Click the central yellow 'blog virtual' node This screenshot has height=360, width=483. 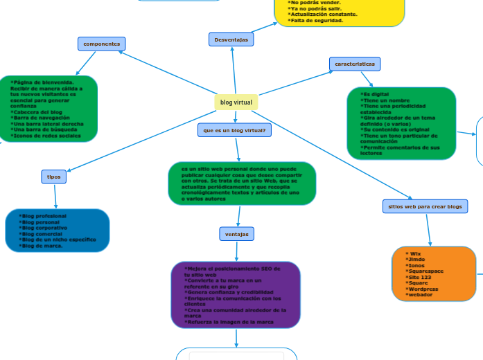pos(236,102)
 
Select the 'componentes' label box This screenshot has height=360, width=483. pos(102,44)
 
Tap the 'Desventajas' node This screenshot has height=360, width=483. pos(231,40)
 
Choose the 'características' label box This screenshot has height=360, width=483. pos(355,64)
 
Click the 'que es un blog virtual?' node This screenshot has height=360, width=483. pos(234,130)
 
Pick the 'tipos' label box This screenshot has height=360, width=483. pos(53,177)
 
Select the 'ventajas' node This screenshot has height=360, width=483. pos(237,234)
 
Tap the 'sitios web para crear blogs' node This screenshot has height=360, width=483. pos(425,206)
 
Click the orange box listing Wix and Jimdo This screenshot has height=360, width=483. pos(434,274)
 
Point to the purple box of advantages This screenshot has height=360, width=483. pos(236,294)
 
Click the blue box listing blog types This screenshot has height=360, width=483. pos(57,231)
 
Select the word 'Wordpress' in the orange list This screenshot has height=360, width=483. pos(423,289)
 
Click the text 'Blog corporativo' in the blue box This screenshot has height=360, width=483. pos(45,228)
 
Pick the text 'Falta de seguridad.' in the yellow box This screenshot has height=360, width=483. pos(317,21)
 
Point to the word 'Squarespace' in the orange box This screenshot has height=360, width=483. pos(425,271)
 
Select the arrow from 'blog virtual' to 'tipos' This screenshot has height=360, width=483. pos(142,139)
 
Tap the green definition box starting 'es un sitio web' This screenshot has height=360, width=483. pos(242,183)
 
